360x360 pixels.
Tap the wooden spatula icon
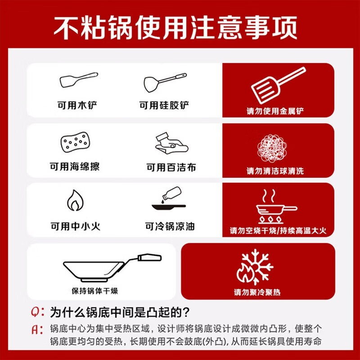pos(78,81)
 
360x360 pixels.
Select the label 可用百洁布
pos(171,167)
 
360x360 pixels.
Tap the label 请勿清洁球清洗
pos(275,171)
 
